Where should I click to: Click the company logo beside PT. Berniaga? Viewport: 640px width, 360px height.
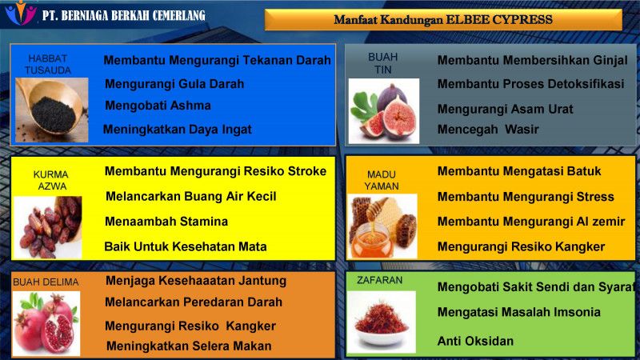21,13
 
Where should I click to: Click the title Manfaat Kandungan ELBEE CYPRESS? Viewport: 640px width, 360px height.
443,19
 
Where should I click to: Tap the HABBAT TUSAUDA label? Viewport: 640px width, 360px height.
48,65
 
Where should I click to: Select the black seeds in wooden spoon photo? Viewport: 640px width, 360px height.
52,110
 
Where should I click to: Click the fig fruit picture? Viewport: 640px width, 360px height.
384,111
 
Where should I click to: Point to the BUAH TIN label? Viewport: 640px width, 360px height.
383,63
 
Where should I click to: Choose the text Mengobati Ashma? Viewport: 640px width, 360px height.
158,106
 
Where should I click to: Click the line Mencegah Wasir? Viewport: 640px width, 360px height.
488,130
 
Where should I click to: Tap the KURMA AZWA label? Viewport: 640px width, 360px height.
51,180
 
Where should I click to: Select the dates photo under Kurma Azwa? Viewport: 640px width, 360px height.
48,227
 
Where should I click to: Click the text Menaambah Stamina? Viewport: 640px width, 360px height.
166,222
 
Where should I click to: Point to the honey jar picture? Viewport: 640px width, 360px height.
382,226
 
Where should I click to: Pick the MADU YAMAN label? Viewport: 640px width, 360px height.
382,180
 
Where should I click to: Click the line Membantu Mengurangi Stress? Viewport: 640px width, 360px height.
526,197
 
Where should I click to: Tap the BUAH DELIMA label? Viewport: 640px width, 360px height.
46,282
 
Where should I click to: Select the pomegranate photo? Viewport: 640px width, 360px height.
46,323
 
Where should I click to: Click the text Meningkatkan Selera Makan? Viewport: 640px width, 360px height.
189,346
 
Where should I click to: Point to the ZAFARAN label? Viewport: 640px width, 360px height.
379,281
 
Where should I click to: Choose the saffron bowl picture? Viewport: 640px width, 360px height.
382,322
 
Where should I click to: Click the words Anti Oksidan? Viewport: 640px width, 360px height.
475,341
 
